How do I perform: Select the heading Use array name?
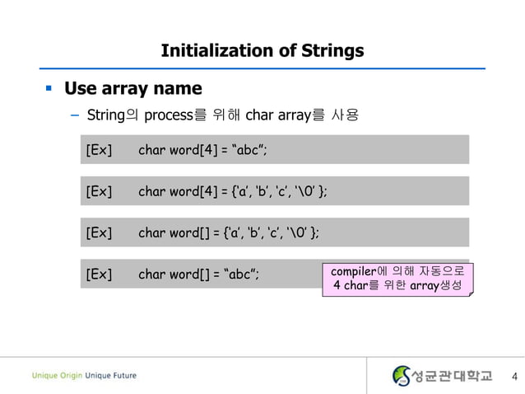(133, 87)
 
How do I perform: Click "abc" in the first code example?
(250, 149)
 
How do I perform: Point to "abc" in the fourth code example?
(242, 274)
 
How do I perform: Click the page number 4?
(514, 377)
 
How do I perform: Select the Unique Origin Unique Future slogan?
(85, 376)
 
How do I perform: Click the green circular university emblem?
(402, 376)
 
